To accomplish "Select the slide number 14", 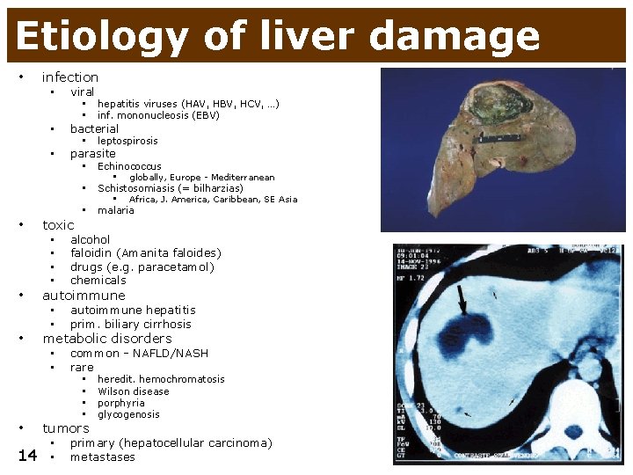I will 27,456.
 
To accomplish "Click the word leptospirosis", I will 127,141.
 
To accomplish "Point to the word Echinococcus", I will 129,166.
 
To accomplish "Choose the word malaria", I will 116,210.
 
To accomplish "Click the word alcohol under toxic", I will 91,239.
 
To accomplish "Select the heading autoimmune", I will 84,296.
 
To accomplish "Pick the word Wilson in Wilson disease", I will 114,391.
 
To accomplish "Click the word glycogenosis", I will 128,414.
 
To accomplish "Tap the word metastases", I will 103,457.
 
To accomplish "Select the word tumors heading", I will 66,428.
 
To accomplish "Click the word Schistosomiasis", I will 140,188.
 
